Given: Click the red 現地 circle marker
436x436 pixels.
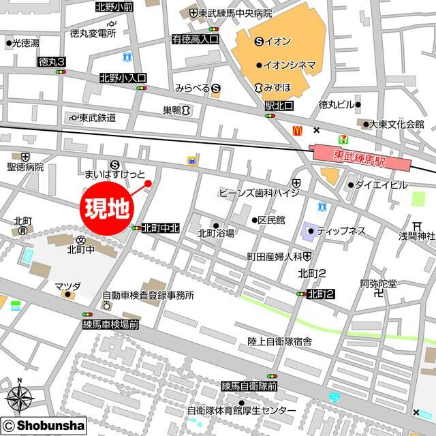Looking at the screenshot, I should click(108, 206).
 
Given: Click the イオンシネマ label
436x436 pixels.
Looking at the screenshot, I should click(290, 65).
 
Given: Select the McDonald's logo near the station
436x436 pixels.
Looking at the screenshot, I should click(297, 129).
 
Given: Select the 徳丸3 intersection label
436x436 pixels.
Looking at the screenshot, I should click(52, 62).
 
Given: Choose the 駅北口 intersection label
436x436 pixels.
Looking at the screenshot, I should click(279, 107).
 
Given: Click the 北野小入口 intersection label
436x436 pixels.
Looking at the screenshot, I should click(123, 78).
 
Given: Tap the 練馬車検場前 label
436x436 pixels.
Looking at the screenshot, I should click(111, 326).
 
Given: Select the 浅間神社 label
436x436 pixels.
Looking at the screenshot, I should click(417, 236).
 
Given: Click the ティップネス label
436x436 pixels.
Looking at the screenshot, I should click(341, 232).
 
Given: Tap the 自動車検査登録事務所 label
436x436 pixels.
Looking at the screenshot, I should click(149, 296).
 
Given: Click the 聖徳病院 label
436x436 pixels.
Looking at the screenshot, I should click(25, 166).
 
